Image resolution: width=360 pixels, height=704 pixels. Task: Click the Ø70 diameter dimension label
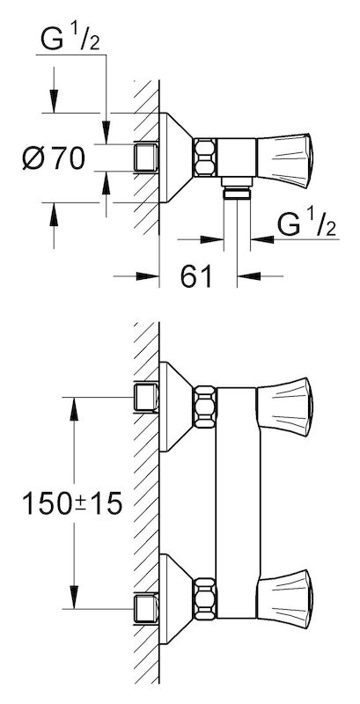click(x=54, y=158)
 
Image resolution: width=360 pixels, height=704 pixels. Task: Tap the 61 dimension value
click(x=196, y=276)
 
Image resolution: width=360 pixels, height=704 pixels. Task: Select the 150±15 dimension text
click(x=72, y=503)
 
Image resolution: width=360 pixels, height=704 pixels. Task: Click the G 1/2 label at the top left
click(x=70, y=40)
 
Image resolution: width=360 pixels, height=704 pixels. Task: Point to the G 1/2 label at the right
click(x=306, y=224)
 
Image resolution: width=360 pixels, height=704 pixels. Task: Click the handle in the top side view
click(x=284, y=160)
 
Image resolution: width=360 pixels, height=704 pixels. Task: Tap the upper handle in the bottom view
click(x=284, y=407)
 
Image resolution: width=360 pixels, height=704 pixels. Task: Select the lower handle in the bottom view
click(x=284, y=599)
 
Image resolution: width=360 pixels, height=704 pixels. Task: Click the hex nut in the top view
click(x=205, y=157)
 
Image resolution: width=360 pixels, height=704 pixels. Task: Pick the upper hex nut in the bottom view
click(x=205, y=407)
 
